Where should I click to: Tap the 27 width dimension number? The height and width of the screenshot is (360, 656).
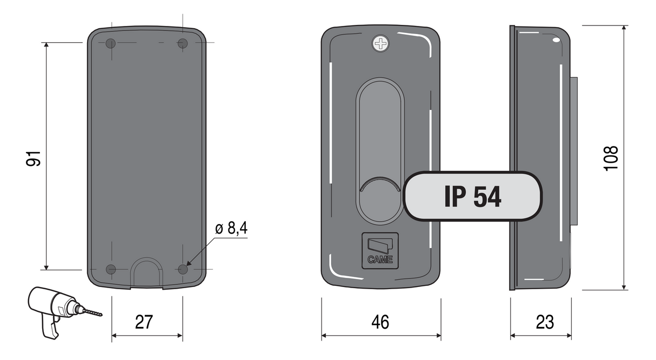click(144, 322)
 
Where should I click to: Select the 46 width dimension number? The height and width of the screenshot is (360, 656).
click(380, 322)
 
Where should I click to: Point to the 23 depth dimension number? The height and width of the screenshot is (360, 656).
click(545, 322)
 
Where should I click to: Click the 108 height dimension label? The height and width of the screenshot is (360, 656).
click(611, 158)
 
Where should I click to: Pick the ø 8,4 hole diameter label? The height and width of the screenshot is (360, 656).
click(231, 229)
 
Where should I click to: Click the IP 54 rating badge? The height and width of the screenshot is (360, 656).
click(472, 197)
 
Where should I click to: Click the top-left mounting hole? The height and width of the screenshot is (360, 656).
click(111, 43)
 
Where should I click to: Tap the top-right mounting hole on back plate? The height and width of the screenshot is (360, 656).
click(183, 43)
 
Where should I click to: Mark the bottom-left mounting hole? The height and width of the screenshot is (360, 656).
click(111, 269)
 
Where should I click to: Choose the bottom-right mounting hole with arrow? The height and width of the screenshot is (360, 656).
click(183, 269)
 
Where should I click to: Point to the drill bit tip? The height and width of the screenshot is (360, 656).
click(100, 315)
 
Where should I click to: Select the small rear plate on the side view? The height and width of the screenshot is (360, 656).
click(574, 151)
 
